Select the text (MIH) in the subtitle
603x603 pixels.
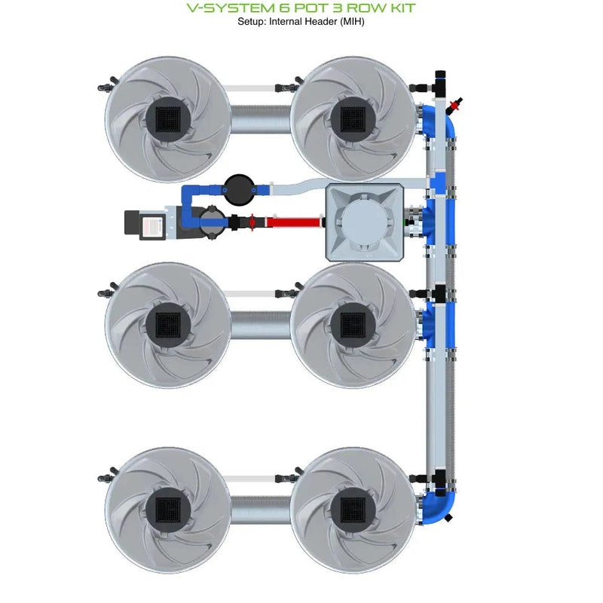coord(350,21)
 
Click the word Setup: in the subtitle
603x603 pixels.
coord(253,21)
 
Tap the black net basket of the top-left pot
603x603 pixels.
coord(167,118)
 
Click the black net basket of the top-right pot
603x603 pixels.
coord(352,118)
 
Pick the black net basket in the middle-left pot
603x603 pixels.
coord(167,325)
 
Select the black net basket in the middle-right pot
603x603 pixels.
coord(352,325)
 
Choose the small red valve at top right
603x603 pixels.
coord(455,103)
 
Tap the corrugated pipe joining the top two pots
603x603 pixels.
coord(259,118)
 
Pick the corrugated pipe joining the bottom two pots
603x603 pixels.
coord(259,510)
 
